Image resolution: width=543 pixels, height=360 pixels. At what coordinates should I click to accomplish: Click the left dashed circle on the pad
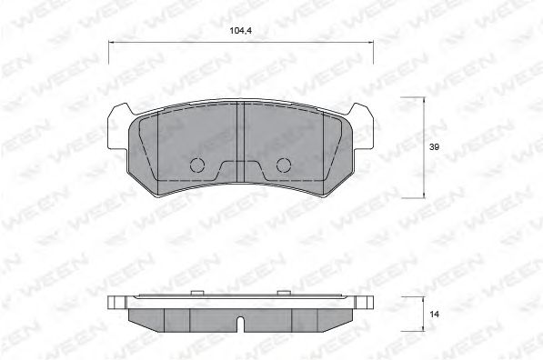196,165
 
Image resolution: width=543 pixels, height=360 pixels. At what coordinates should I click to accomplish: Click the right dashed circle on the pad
283,165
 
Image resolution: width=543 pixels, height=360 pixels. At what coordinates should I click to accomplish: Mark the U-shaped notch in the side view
239,324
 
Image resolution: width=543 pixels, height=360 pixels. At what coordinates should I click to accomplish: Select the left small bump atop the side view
196,293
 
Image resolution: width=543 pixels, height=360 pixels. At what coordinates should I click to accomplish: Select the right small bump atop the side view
283,293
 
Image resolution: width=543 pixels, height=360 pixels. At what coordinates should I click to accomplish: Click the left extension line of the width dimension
108,55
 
